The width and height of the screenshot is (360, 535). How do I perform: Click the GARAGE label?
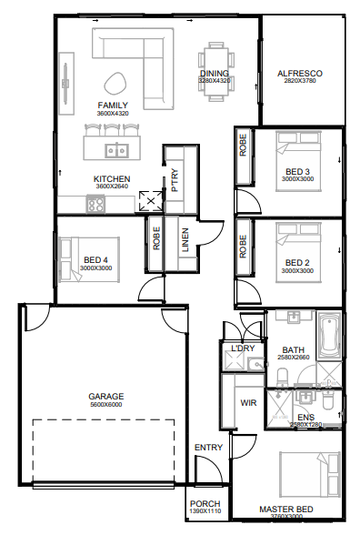pos(105,397)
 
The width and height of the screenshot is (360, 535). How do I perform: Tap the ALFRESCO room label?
pos(302,73)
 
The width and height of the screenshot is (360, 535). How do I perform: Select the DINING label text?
pos(215,73)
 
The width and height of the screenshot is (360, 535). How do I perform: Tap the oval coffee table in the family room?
pos(116,83)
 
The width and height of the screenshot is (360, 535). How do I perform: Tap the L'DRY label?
pos(242,349)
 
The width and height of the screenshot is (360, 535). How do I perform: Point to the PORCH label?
pos(205,506)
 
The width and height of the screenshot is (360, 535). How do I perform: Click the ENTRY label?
pos(208,448)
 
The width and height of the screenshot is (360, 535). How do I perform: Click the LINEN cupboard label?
pos(185,241)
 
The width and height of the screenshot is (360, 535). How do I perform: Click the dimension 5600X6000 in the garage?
pos(105,405)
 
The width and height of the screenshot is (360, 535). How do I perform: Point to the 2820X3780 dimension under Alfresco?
pos(302,81)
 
